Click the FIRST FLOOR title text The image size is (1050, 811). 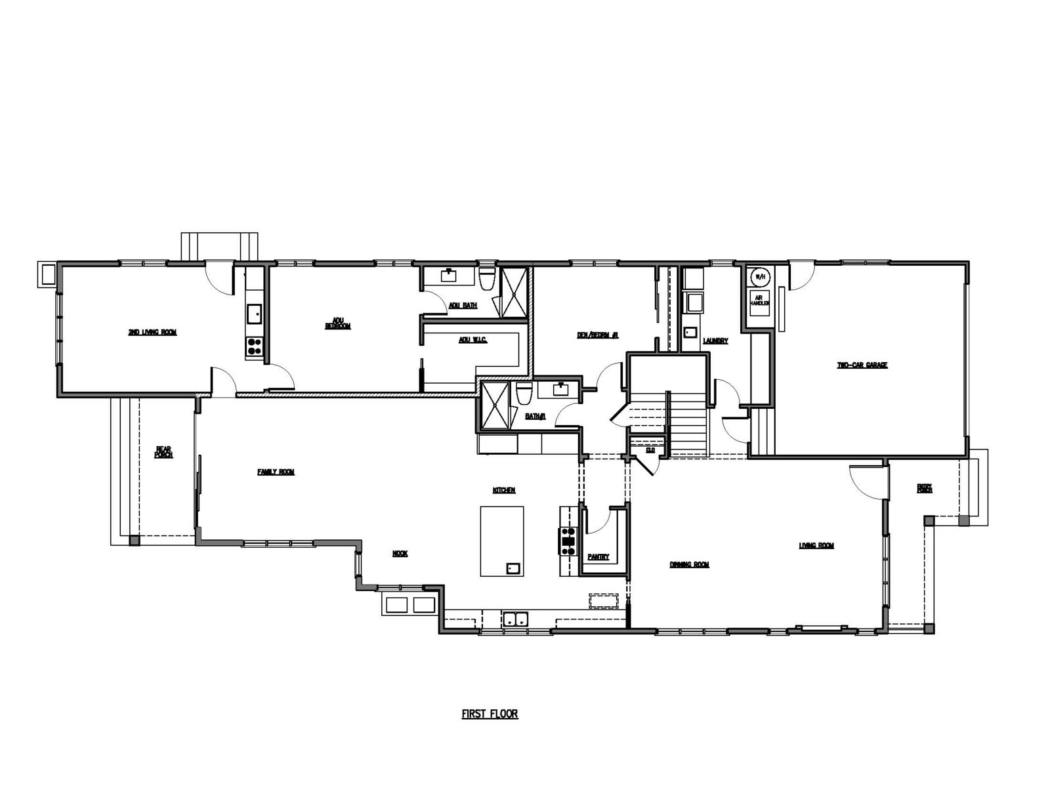pyautogui.click(x=490, y=714)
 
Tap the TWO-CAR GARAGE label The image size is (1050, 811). pyautogui.click(x=862, y=365)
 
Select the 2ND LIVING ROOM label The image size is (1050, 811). pyautogui.click(x=152, y=333)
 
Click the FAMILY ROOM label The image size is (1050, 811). pyautogui.click(x=276, y=472)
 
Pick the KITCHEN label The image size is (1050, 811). pyautogui.click(x=504, y=490)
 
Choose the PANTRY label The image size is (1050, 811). pyautogui.click(x=598, y=556)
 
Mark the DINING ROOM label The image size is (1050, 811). pyautogui.click(x=689, y=564)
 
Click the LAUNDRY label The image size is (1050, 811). pyautogui.click(x=715, y=341)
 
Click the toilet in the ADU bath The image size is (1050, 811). pyautogui.click(x=487, y=280)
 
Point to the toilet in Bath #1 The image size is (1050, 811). pyautogui.click(x=524, y=394)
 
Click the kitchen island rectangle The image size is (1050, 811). pyautogui.click(x=502, y=541)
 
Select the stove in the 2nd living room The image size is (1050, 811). pyautogui.click(x=254, y=346)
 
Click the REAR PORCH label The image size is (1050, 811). pyautogui.click(x=163, y=451)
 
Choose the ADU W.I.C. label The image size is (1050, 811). pyautogui.click(x=472, y=340)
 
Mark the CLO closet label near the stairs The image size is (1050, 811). pyautogui.click(x=650, y=450)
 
